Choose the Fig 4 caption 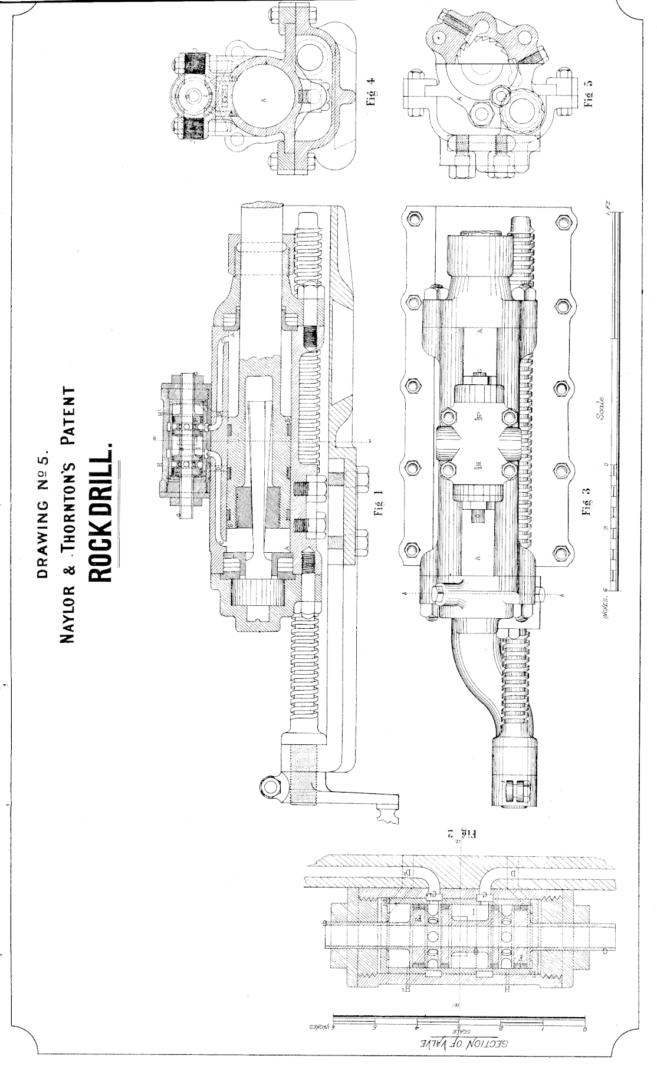[x=371, y=92]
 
